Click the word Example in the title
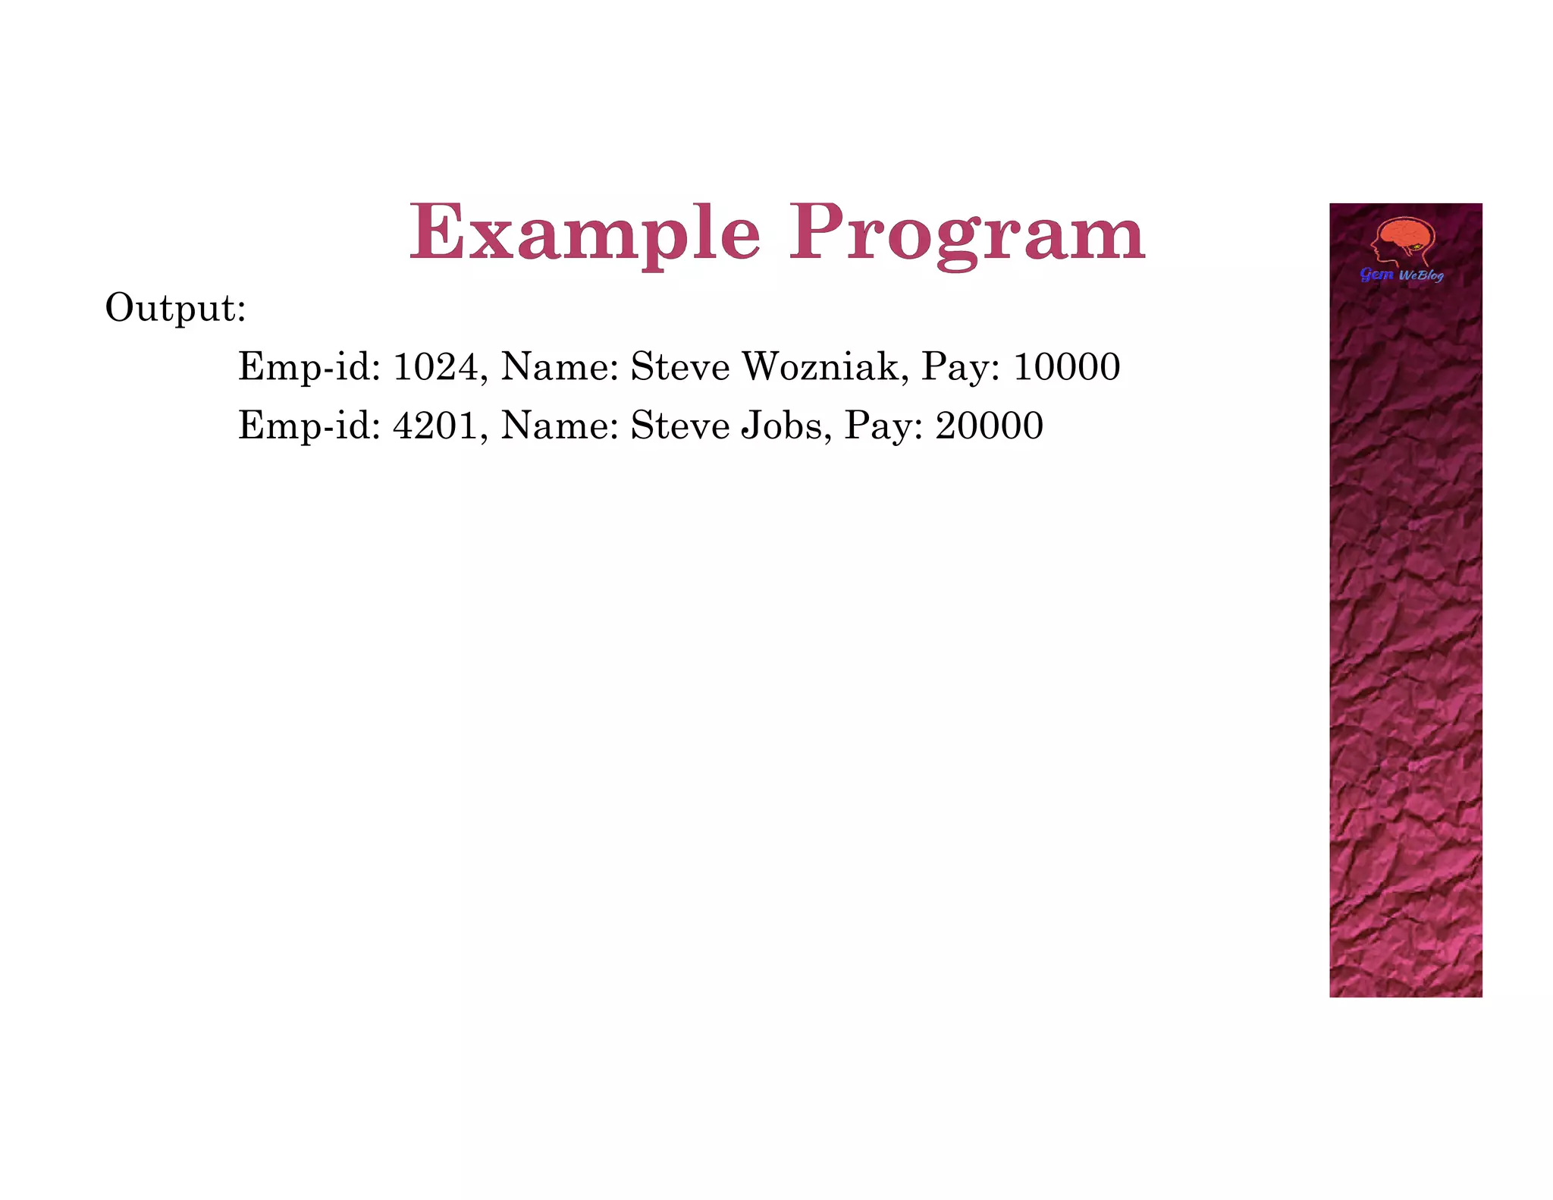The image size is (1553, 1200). point(584,233)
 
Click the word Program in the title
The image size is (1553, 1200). point(967,233)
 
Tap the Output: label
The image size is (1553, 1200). point(175,308)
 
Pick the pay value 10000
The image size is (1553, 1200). point(1066,367)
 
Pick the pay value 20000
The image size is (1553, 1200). point(989,426)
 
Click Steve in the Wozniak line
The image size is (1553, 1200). point(680,367)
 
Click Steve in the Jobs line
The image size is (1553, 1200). point(680,426)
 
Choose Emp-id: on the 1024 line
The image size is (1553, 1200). point(309,367)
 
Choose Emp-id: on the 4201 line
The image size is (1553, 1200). point(309,426)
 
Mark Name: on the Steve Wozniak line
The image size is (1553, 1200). point(560,367)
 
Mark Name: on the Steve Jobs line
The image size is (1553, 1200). point(560,426)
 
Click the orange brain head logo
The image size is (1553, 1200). point(1404,241)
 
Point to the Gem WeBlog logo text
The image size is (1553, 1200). point(1401,275)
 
